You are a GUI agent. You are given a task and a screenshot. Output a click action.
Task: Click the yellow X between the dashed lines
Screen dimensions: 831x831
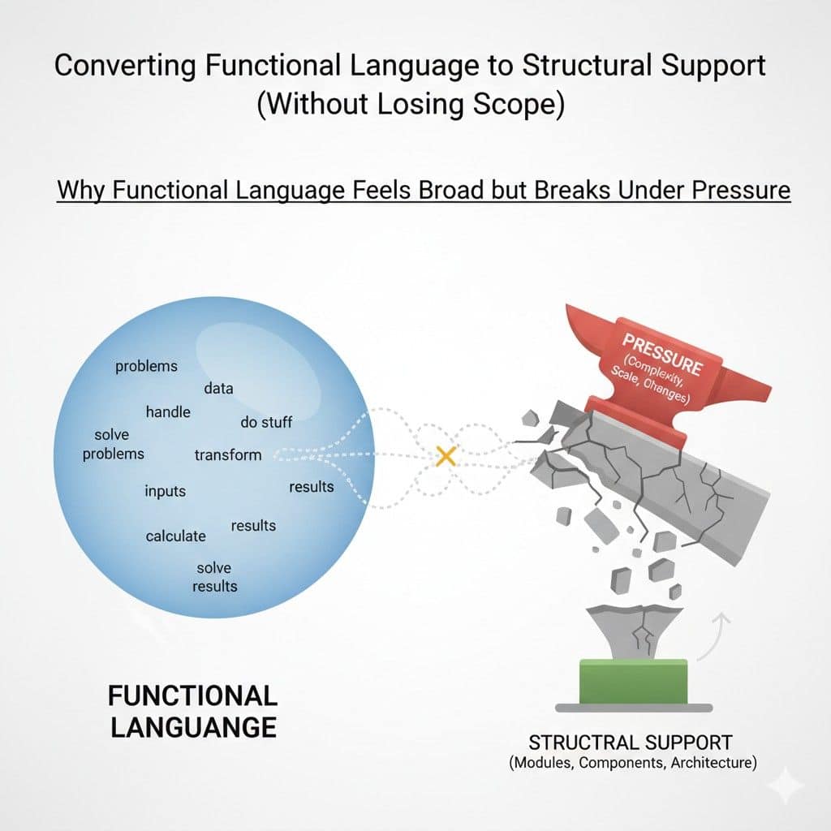pyautogui.click(x=446, y=456)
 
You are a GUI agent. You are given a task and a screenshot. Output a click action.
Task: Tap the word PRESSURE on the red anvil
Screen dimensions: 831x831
pyautogui.click(x=662, y=354)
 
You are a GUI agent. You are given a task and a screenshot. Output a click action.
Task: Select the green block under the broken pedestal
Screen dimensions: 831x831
pyautogui.click(x=633, y=682)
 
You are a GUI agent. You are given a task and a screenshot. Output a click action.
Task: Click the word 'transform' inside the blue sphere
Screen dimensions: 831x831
pyautogui.click(x=228, y=454)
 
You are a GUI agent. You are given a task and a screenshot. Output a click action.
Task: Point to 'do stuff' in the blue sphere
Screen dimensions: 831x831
pyautogui.click(x=266, y=422)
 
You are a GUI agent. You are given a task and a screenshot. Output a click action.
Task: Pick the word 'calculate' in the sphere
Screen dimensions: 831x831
pyautogui.click(x=175, y=536)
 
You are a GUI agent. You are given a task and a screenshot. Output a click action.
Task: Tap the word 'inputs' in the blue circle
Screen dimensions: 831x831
pyautogui.click(x=166, y=491)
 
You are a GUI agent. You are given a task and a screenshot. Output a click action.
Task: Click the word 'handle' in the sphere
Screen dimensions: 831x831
pyautogui.click(x=168, y=411)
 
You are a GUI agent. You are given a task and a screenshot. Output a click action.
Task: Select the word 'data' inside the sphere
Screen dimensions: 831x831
pyautogui.click(x=218, y=389)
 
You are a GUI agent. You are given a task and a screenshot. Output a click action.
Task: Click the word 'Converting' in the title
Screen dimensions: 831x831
pyautogui.click(x=125, y=66)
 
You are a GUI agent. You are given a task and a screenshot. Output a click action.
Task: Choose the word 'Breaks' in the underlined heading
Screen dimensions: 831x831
pyautogui.click(x=572, y=190)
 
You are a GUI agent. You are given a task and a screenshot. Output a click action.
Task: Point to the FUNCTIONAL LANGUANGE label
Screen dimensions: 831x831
pyautogui.click(x=193, y=711)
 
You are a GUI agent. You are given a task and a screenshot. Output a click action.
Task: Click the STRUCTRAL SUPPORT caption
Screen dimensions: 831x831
pyautogui.click(x=631, y=743)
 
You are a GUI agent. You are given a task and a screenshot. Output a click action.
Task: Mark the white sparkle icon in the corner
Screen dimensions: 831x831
pyautogui.click(x=786, y=786)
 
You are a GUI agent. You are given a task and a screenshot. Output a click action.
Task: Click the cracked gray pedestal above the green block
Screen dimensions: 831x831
pyautogui.click(x=634, y=631)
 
